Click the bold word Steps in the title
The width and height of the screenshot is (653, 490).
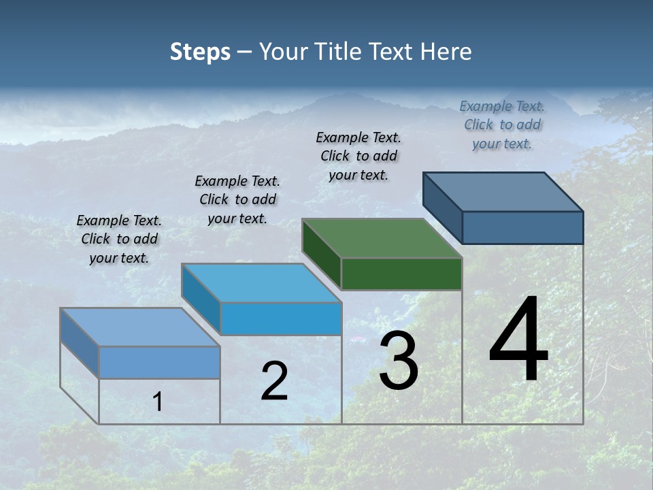coord(200,52)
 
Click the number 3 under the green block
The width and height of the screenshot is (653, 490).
coord(399,361)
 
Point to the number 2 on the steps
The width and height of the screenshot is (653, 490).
coord(274,381)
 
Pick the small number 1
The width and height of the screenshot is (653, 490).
coord(158,402)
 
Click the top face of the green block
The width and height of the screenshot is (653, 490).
coord(382,238)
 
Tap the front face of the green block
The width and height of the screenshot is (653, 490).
coord(401,274)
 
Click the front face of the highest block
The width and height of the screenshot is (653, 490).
coord(522,227)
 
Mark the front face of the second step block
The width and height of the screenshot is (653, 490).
coord(281,319)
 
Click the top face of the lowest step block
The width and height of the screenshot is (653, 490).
coord(140,327)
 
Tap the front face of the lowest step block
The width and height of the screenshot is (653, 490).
coord(159,362)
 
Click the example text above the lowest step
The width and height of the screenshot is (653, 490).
coord(119,239)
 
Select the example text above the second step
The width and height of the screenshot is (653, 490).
coord(237,199)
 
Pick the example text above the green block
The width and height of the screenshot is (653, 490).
coord(358,156)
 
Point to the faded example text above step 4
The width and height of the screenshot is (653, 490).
coord(502,125)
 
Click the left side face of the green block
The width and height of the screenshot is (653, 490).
coord(322,254)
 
